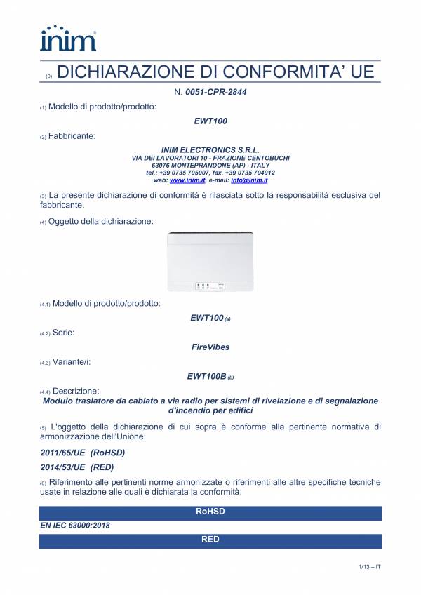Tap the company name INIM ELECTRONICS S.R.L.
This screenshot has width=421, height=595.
pos(210,150)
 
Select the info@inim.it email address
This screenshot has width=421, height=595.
pos(254,180)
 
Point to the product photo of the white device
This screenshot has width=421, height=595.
pos(210,261)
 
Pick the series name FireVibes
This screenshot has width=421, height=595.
pos(210,347)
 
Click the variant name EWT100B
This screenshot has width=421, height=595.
pos(206,376)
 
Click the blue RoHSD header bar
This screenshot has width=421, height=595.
pos(210,512)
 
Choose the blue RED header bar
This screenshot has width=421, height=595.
pos(210,540)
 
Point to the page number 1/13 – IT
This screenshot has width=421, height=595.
pos(368,566)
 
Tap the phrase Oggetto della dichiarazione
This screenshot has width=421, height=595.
pos(101,222)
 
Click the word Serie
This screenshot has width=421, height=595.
pos(64,333)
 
